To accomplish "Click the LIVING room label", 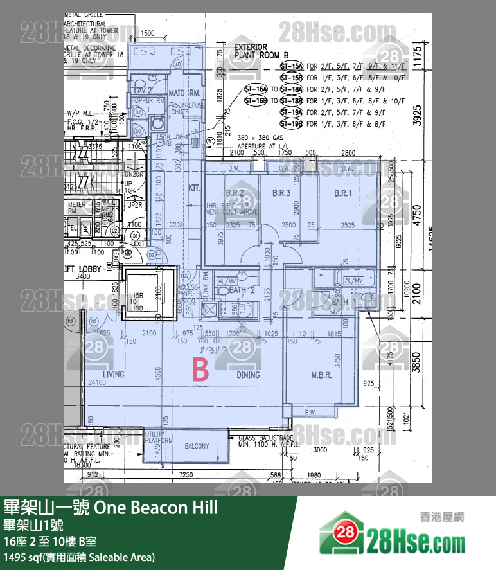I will point(113,375).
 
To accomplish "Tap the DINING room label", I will point(248,375).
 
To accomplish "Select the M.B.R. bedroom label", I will point(321,375).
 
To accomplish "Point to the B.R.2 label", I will point(235,193).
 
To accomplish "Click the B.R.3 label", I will point(282,193).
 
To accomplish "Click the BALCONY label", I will point(197,446).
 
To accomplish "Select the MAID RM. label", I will point(186,94).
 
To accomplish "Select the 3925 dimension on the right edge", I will point(417,114).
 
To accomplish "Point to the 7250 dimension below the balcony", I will point(186,474).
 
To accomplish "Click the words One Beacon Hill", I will point(156,508).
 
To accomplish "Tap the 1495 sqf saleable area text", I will point(79,557).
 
